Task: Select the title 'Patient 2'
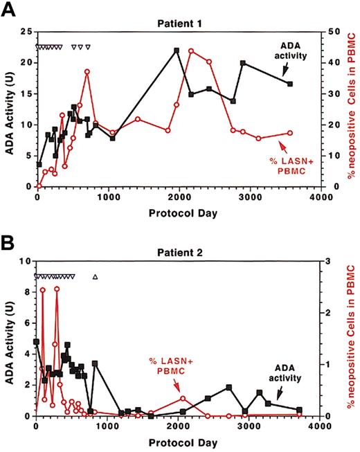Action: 178,253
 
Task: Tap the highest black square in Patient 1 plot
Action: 177,51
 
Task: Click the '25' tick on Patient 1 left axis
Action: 26,32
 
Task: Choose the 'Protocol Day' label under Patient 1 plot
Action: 178,213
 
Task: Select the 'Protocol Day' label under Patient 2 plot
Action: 178,441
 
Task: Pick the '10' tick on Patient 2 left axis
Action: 26,261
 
